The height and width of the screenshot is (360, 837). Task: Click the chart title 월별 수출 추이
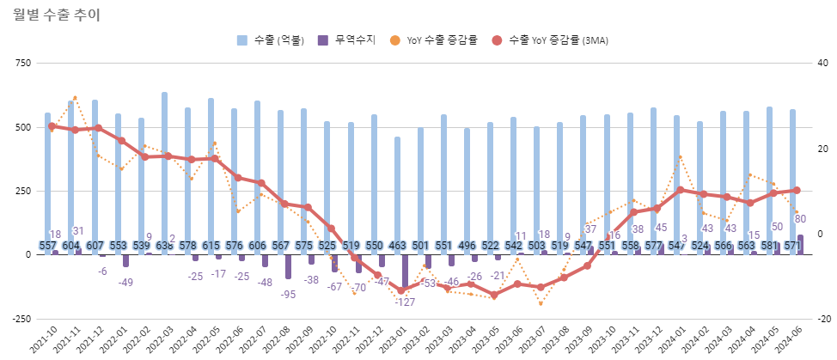pyautogui.click(x=57, y=14)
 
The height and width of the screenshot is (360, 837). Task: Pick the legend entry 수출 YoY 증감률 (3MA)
pyautogui.click(x=551, y=40)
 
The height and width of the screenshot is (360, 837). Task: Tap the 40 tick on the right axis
pyautogui.click(x=822, y=64)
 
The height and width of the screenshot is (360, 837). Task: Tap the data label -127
pyautogui.click(x=405, y=302)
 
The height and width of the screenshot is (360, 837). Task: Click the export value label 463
pyautogui.click(x=397, y=247)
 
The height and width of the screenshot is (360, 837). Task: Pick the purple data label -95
pyautogui.click(x=288, y=295)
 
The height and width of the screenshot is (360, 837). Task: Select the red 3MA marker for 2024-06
pyautogui.click(x=796, y=191)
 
